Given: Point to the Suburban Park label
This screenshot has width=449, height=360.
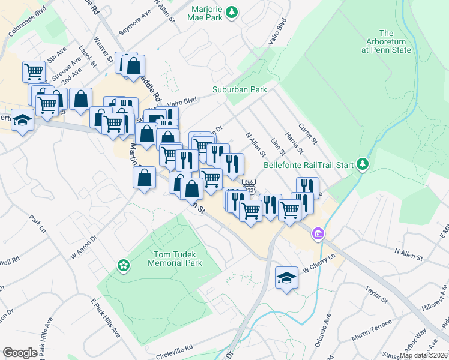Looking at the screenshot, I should coord(239,89).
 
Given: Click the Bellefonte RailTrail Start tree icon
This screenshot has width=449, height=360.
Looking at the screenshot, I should coord(362,163).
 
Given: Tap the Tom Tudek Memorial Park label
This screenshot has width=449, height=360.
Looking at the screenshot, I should coord(176,259).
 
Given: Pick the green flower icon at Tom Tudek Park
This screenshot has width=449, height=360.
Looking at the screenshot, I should coord(123,265).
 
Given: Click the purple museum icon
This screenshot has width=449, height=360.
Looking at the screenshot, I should coord(317,233).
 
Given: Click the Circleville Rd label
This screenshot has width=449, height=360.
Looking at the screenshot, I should coord(171,347).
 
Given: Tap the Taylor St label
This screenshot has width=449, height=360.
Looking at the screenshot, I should coord(377,296).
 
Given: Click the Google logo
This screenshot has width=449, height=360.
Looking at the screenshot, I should coord(20,352).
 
